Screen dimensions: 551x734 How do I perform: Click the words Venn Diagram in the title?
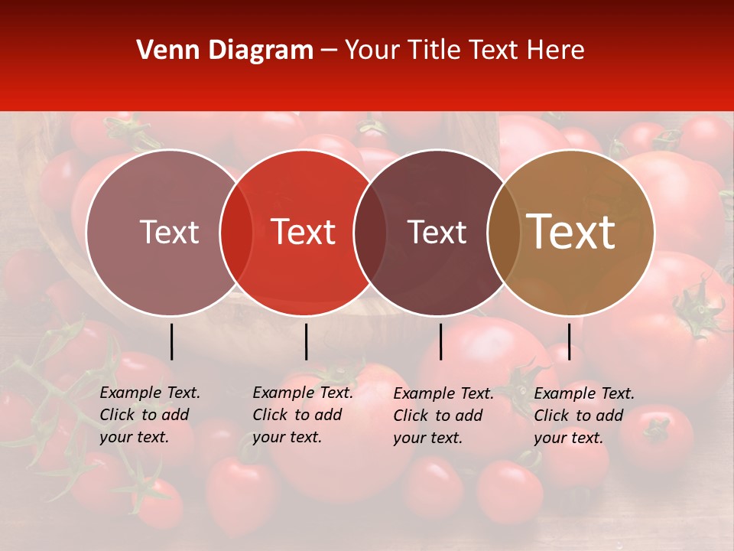(x=225, y=51)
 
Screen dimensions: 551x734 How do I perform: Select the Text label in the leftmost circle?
(x=169, y=232)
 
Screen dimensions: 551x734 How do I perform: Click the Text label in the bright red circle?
(x=304, y=232)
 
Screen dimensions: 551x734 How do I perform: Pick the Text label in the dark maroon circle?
(x=437, y=232)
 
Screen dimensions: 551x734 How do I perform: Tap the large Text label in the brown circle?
(x=571, y=232)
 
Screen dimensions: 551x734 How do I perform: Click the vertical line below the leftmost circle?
(x=172, y=341)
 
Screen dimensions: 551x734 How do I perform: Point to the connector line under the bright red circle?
(x=306, y=341)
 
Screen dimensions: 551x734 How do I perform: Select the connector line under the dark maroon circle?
(x=440, y=341)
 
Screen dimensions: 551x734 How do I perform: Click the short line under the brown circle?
(x=569, y=341)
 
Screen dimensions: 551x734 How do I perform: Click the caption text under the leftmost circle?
(x=149, y=415)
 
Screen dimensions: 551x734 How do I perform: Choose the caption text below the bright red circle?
(x=302, y=415)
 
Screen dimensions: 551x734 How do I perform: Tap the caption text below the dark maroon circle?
(x=443, y=416)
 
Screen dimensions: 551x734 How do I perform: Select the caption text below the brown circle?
(x=583, y=416)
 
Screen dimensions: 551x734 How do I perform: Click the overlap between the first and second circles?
(x=236, y=232)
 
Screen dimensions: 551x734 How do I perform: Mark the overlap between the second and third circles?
(x=370, y=232)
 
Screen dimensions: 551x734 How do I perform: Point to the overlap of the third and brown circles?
(x=500, y=232)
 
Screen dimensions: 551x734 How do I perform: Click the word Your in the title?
(x=372, y=51)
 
